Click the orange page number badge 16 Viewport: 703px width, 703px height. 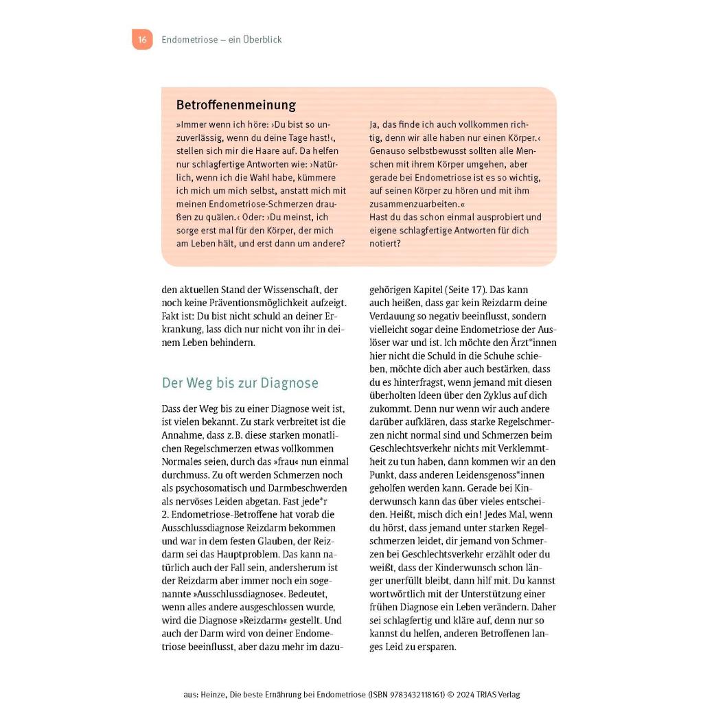click(142, 40)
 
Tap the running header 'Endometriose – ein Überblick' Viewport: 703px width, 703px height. click(221, 40)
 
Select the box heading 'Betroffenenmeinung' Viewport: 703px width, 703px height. click(235, 105)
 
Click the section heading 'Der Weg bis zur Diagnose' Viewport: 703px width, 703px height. click(240, 383)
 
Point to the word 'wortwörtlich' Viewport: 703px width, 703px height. click(400, 593)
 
